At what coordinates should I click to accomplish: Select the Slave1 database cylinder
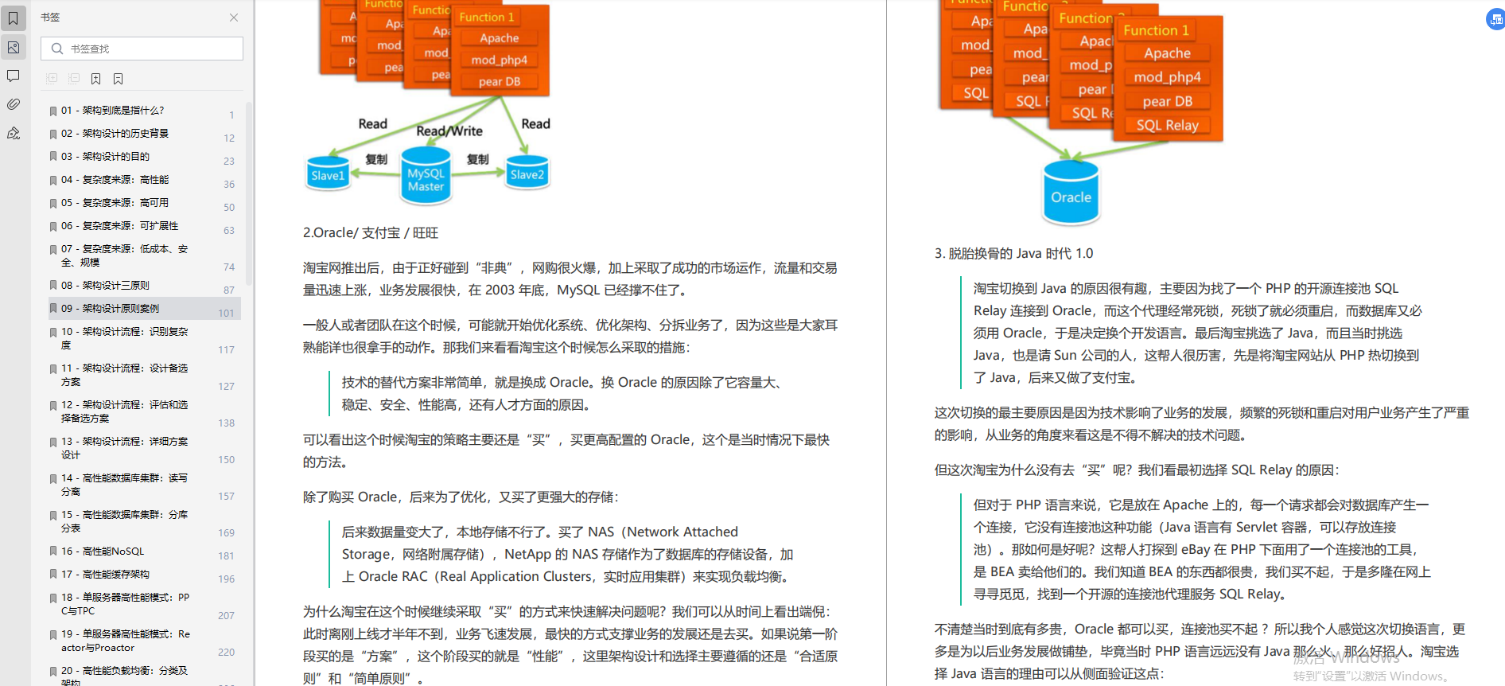[x=328, y=174]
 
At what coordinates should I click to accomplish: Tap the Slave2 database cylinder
[x=527, y=173]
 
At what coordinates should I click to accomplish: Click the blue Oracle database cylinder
[x=1071, y=194]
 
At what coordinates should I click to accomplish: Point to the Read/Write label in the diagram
[x=449, y=131]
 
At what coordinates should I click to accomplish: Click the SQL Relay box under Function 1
[x=1167, y=125]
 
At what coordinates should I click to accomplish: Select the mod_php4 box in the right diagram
[x=1167, y=77]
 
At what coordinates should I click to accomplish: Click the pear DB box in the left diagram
[x=500, y=81]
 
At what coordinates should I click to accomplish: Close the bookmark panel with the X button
[x=234, y=18]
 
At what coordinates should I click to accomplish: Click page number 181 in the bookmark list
[x=227, y=555]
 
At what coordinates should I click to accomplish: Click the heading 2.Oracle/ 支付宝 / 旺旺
[x=371, y=232]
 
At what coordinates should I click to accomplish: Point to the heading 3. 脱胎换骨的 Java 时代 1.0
[x=1013, y=253]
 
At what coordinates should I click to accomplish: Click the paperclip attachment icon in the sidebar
[x=14, y=104]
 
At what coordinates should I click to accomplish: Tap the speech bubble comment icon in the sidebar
[x=14, y=76]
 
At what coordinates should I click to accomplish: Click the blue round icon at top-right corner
[x=1495, y=19]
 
